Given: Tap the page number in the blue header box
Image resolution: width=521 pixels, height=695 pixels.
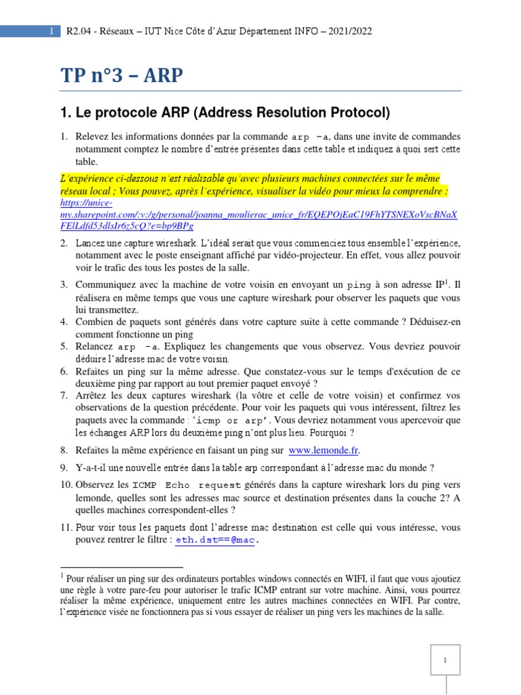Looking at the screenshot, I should tap(51, 31).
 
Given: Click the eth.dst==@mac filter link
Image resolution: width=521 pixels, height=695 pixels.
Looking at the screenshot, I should tap(215, 540).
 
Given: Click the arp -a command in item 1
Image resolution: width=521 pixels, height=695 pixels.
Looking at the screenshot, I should tap(312, 136).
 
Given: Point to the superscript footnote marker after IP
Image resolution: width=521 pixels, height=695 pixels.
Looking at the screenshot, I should tap(448, 281).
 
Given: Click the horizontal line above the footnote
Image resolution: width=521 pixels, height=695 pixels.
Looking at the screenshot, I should tap(121, 567).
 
